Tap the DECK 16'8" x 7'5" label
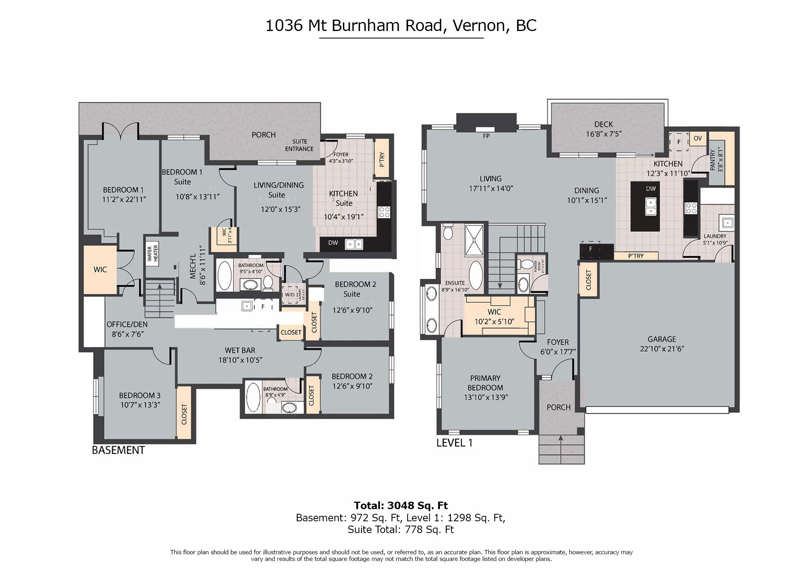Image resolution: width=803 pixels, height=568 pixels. [x=603, y=129]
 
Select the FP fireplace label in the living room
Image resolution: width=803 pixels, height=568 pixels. [x=486, y=136]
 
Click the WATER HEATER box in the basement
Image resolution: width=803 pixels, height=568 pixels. [x=152, y=253]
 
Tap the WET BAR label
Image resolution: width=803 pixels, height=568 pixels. [x=240, y=350]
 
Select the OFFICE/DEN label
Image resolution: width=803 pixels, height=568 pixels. [x=127, y=325]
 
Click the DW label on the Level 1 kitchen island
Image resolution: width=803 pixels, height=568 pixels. [x=650, y=188]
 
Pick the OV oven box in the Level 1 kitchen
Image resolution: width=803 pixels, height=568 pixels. [x=698, y=139]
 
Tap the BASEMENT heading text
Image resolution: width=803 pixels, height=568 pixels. [x=118, y=450]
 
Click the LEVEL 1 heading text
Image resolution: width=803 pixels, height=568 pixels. [x=454, y=443]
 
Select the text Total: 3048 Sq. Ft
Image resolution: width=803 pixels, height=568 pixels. [x=401, y=506]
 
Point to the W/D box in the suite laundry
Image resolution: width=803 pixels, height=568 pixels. [x=290, y=294]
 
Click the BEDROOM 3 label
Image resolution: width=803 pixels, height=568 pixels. [x=140, y=395]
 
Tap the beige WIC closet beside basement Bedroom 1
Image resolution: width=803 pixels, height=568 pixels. [x=100, y=270]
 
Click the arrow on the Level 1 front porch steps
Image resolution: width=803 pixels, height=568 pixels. [x=560, y=438]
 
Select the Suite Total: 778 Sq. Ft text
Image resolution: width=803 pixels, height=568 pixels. [x=401, y=530]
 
